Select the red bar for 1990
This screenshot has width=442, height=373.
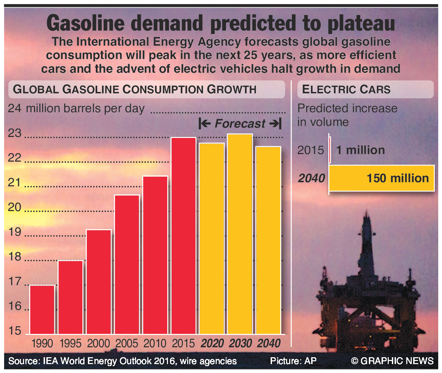[42, 310]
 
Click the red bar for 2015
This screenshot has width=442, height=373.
[183, 236]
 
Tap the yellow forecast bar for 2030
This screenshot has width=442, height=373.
[240, 234]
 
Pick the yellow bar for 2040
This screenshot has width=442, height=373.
[268, 240]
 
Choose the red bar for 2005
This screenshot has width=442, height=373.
[127, 264]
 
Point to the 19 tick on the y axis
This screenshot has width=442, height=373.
[15, 232]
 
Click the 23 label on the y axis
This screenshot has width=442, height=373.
[15, 133]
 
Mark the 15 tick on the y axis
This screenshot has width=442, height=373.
[15, 331]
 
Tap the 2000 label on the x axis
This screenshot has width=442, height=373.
[99, 343]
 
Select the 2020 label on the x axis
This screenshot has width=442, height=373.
[212, 343]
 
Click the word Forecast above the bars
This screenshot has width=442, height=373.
[240, 124]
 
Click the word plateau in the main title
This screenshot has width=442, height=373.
[361, 23]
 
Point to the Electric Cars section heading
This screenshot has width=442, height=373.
[346, 89]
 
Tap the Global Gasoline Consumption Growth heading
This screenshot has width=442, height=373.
[135, 89]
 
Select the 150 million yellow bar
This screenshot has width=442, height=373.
[381, 178]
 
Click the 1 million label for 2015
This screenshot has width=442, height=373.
[360, 150]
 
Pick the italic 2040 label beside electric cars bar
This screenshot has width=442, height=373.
[311, 178]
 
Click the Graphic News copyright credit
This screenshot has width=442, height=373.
[392, 361]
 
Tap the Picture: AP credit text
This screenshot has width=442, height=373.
[293, 361]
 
